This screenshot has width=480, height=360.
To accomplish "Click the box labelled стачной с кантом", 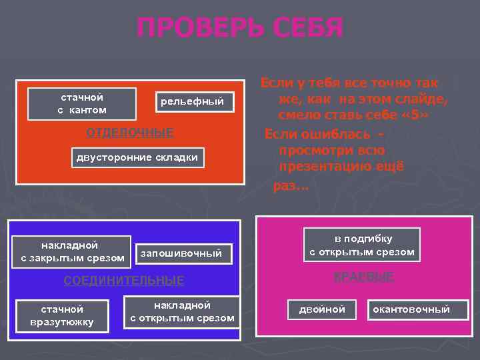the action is tap(82, 103).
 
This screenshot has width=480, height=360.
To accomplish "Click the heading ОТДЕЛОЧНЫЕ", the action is tap(130, 132).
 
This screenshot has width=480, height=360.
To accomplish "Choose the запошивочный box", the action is tap(180, 253).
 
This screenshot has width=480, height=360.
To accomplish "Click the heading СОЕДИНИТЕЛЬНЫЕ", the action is tap(123, 281).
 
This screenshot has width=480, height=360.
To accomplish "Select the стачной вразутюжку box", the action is tap(62, 316).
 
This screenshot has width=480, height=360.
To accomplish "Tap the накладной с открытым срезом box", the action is tap(182, 311).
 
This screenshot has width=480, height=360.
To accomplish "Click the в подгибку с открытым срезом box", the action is tap(363, 245).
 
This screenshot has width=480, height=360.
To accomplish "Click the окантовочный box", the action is tap(411, 309).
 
